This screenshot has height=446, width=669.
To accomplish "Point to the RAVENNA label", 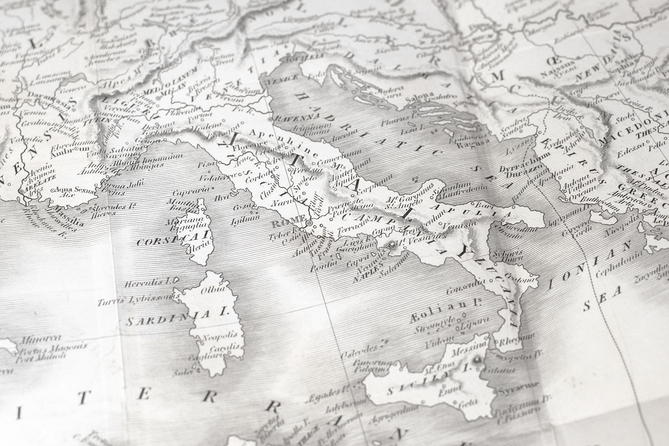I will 289,119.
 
